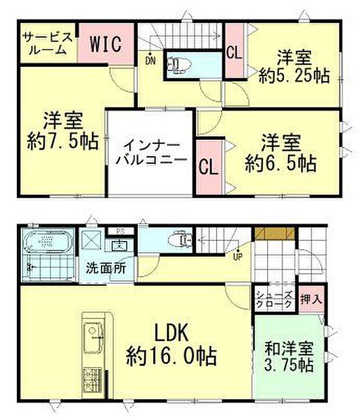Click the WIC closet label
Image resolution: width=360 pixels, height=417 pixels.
[106, 44]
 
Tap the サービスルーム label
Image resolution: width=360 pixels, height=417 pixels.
[48, 44]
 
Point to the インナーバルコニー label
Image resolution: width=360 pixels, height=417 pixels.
[149, 152]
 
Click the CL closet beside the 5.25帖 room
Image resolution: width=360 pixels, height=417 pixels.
[234, 53]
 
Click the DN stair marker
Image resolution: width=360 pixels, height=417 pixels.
[150, 60]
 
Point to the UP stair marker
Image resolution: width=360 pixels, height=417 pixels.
[237, 256]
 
